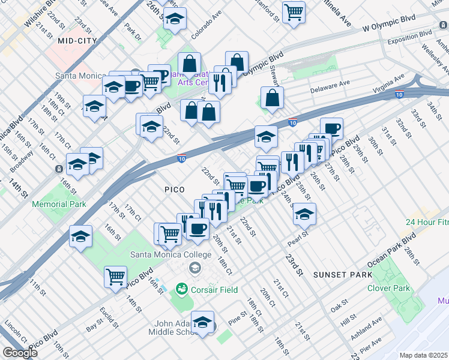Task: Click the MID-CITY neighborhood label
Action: pyautogui.click(x=77, y=41)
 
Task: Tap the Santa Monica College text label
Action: pyautogui.click(x=171, y=254)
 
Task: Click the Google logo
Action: pyautogui.click(x=20, y=353)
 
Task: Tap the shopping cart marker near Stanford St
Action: pyautogui.click(x=294, y=11)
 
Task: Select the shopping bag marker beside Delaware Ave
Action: pyautogui.click(x=273, y=98)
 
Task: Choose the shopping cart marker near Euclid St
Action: pyautogui.click(x=115, y=277)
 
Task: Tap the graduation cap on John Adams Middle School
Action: pyautogui.click(x=203, y=322)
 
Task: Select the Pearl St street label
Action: pyautogui.click(x=301, y=235)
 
